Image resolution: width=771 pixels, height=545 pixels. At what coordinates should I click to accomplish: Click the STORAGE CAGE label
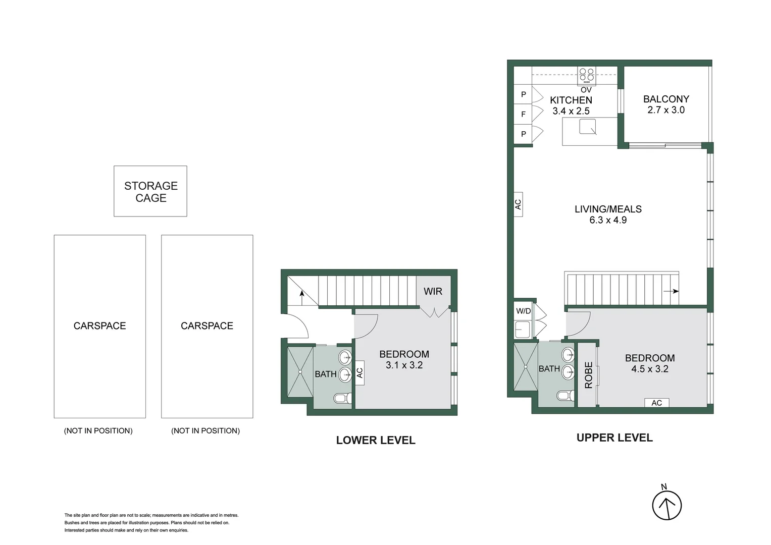pyautogui.click(x=150, y=192)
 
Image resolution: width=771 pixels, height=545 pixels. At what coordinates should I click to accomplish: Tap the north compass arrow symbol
pyautogui.click(x=667, y=505)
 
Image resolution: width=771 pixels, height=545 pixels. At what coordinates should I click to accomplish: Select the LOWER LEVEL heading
pyautogui.click(x=376, y=440)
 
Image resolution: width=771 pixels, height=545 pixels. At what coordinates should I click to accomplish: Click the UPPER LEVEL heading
pyautogui.click(x=614, y=438)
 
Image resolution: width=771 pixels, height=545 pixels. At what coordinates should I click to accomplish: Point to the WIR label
pyautogui.click(x=433, y=291)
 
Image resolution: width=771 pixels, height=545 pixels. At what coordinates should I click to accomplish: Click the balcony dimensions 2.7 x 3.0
pyautogui.click(x=666, y=110)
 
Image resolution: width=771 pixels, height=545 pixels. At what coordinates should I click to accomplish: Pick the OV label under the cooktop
pyautogui.click(x=586, y=90)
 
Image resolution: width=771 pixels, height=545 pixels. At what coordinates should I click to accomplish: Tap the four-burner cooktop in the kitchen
pyautogui.click(x=586, y=75)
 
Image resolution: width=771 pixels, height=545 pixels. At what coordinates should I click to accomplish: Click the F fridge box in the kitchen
pyautogui.click(x=523, y=114)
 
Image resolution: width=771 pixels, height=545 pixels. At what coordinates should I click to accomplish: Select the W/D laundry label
pyautogui.click(x=523, y=311)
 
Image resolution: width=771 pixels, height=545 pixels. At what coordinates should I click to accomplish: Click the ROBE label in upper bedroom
pyautogui.click(x=588, y=375)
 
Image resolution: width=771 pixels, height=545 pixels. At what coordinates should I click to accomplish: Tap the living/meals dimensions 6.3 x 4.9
pyautogui.click(x=608, y=220)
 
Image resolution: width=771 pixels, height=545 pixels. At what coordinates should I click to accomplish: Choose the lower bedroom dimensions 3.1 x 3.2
pyautogui.click(x=404, y=365)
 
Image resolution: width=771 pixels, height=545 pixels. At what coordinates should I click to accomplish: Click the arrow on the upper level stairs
pyautogui.click(x=672, y=291)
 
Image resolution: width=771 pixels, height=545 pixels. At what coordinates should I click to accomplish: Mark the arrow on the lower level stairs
pyautogui.click(x=302, y=297)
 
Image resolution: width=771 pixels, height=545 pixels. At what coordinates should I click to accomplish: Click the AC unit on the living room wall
pyautogui.click(x=518, y=204)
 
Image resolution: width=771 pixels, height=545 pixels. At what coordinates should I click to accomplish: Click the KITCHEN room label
pyautogui.click(x=571, y=100)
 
